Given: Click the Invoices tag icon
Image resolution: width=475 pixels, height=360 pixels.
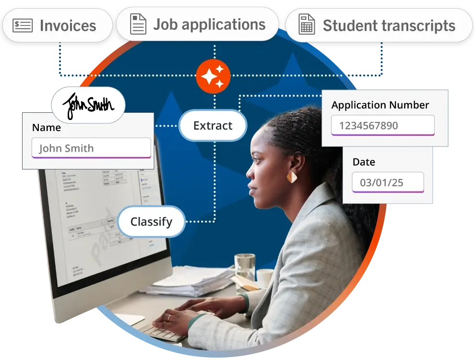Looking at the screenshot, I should click(x=23, y=25).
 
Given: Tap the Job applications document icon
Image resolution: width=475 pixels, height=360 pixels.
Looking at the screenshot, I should click(x=138, y=24).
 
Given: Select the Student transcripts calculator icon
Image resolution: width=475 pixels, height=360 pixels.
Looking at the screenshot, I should click(x=307, y=25).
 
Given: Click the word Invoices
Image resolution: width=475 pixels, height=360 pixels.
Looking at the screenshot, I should click(x=68, y=25).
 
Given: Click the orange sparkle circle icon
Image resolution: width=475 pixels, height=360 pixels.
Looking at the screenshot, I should click(x=213, y=76).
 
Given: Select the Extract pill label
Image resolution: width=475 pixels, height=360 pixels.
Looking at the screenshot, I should click(x=213, y=126).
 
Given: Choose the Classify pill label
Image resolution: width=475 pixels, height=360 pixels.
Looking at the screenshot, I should click(x=151, y=222).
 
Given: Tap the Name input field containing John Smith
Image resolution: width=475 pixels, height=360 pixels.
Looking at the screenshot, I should click(x=91, y=148).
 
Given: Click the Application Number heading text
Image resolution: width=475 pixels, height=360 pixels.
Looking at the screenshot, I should click(x=380, y=105).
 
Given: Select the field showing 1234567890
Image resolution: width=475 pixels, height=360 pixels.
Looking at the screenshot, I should click(x=382, y=126).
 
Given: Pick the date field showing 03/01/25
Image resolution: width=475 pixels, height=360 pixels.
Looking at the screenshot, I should click(x=388, y=183).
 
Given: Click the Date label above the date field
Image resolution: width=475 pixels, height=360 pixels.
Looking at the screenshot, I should click(x=364, y=162).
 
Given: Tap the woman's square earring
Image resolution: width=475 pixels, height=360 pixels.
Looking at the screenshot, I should click(x=292, y=177).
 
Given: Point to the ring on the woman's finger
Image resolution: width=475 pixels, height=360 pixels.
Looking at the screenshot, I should click(x=168, y=317).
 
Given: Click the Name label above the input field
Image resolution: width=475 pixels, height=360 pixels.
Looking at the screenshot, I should click(x=47, y=128).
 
